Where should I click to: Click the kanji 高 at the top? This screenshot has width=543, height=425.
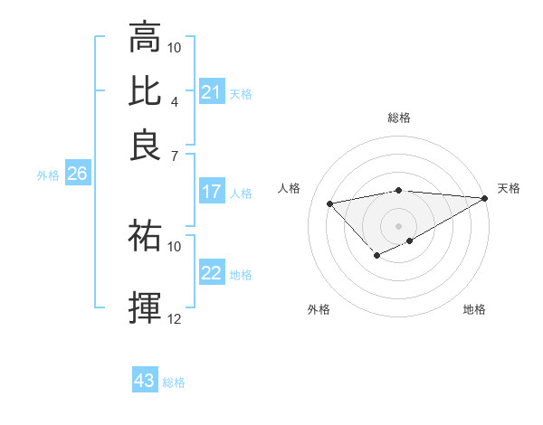(145, 38)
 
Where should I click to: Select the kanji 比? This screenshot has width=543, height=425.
(145, 91)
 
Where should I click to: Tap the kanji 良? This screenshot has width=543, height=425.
(145, 145)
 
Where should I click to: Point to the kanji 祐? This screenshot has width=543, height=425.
(145, 236)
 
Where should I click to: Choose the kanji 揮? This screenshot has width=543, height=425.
(145, 307)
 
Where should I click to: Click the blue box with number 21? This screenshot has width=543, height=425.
(211, 92)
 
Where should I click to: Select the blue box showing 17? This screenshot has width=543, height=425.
(211, 192)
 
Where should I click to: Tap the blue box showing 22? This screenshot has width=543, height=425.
(211, 273)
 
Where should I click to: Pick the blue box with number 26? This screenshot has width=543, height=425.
(77, 175)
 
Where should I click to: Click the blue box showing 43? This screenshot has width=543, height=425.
(145, 381)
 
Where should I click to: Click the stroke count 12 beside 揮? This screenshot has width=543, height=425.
(175, 318)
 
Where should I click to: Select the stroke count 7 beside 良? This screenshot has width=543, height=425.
(174, 155)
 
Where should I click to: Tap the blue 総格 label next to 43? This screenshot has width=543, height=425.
(174, 382)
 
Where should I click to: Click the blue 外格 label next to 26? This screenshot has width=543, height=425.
(47, 175)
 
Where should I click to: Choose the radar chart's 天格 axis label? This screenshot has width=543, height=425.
(510, 188)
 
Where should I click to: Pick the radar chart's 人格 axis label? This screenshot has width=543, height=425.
(290, 188)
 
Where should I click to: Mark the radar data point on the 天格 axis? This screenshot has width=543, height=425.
(485, 198)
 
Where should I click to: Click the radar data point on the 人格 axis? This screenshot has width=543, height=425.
(329, 203)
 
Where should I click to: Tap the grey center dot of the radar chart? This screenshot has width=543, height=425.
(399, 225)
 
